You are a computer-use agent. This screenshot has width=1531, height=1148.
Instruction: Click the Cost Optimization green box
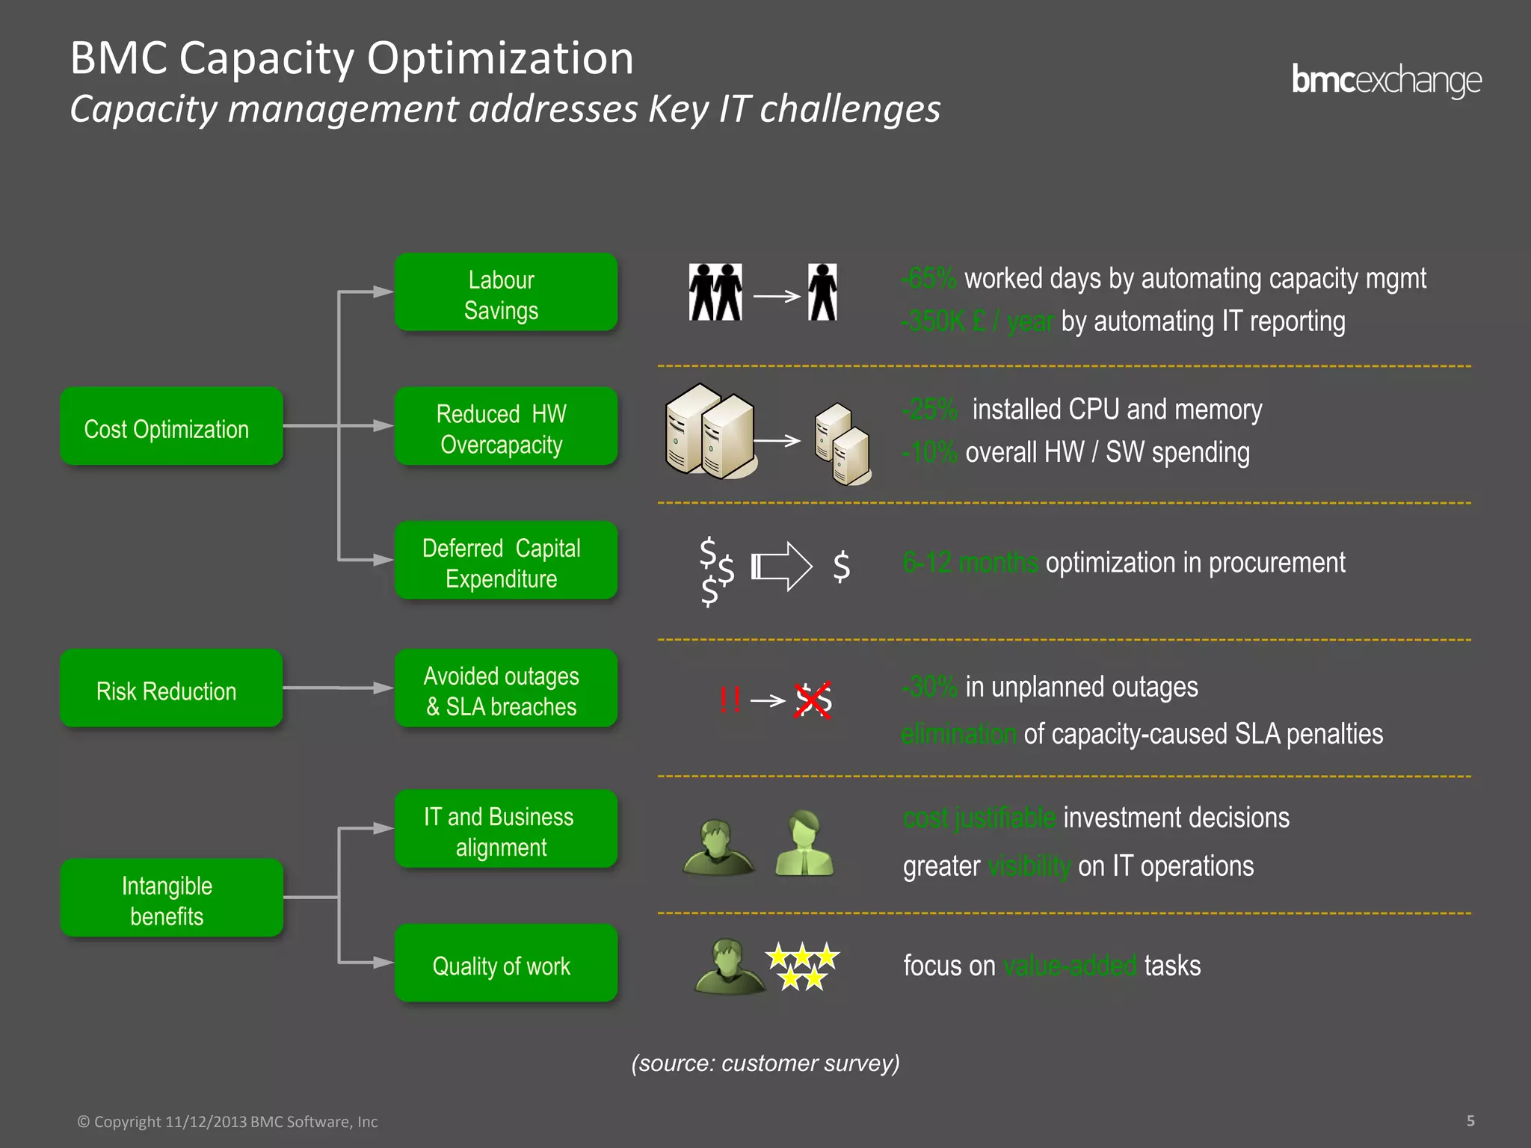pos(171,426)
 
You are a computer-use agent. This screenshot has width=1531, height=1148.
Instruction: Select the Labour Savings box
pos(505,292)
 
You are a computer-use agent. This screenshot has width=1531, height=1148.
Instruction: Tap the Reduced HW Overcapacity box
pos(505,426)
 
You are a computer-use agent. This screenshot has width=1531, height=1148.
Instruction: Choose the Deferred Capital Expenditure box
pos(505,561)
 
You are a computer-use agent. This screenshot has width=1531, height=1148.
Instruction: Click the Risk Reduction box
pos(171,688)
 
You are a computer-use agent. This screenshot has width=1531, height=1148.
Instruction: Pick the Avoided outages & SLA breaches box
pos(505,688)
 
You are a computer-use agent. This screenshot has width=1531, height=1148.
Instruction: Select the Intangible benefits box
pos(171,898)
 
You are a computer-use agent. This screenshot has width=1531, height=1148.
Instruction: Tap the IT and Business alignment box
pos(505,829)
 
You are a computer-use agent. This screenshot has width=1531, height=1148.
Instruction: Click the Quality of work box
pos(505,963)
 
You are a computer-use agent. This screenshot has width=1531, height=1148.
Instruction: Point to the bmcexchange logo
pos(1386,80)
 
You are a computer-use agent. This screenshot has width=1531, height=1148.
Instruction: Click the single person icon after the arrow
pos(822,292)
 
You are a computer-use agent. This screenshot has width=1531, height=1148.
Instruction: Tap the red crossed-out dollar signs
pos(813,700)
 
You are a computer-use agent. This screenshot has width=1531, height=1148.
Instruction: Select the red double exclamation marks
pos(730,700)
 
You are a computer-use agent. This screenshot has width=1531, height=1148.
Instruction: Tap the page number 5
pos(1470,1120)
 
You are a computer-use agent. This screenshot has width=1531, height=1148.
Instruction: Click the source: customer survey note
pos(765,1063)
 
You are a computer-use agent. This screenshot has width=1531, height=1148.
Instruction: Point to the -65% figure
pos(929,279)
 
